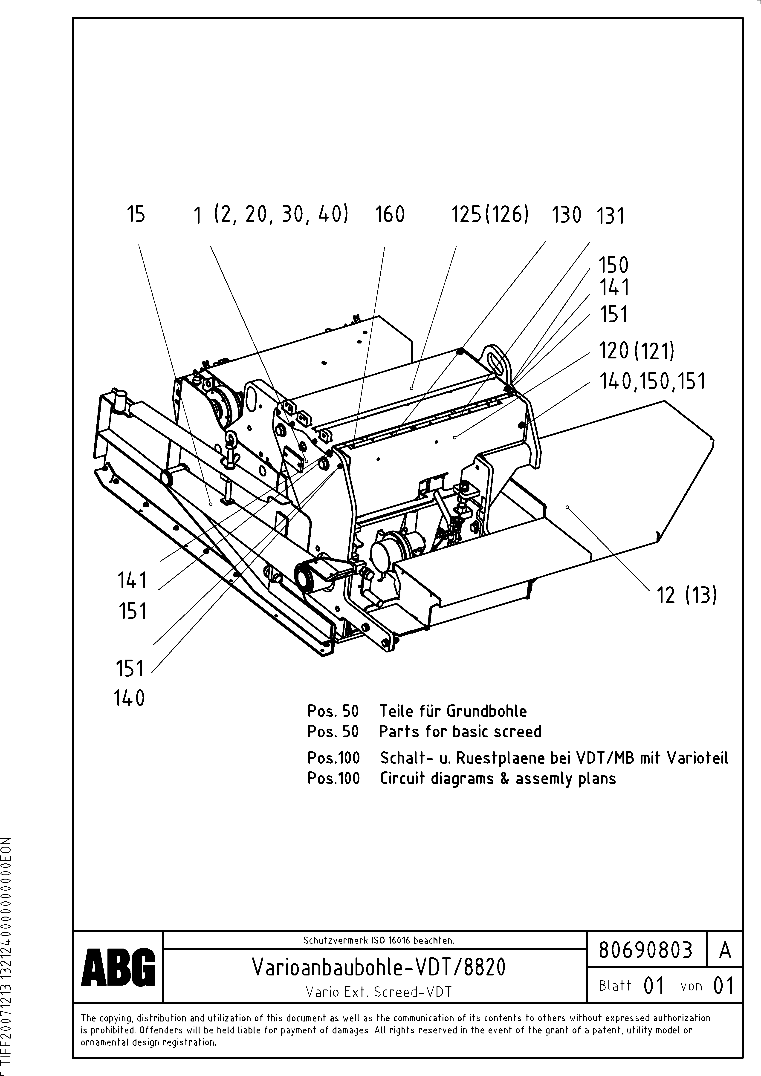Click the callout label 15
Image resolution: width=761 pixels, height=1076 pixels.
[136, 215]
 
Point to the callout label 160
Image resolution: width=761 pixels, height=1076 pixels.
[390, 215]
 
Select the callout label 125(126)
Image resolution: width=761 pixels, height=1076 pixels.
[490, 215]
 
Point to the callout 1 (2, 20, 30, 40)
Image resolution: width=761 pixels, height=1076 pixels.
[271, 215]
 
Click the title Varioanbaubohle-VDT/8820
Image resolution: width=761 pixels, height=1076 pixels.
[379, 967]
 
